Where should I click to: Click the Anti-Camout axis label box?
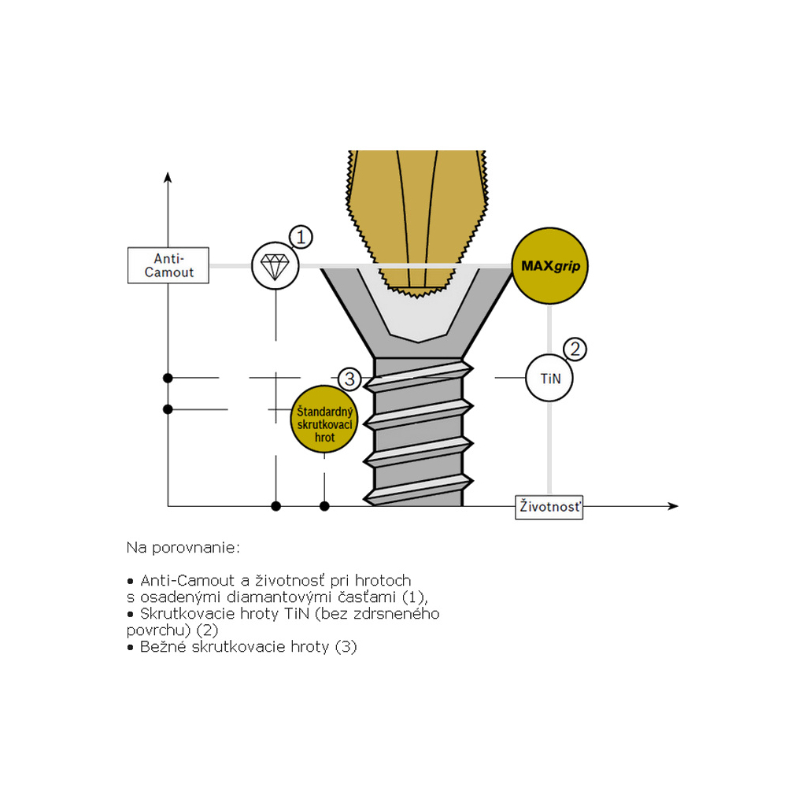click(168, 266)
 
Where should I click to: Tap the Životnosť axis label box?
click(549, 507)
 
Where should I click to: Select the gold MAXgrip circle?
click(550, 266)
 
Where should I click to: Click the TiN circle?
click(549, 379)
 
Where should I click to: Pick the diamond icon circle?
click(275, 265)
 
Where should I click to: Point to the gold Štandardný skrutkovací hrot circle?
click(324, 420)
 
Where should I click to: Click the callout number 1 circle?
click(301, 237)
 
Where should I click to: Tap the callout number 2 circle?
click(575, 349)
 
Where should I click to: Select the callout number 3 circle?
click(349, 379)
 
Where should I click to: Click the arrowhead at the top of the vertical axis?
click(168, 176)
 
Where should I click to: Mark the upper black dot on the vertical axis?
click(168, 378)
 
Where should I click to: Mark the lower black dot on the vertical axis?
click(168, 409)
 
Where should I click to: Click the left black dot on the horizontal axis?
click(275, 505)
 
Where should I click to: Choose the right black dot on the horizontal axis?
click(324, 505)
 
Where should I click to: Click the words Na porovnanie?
click(183, 546)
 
